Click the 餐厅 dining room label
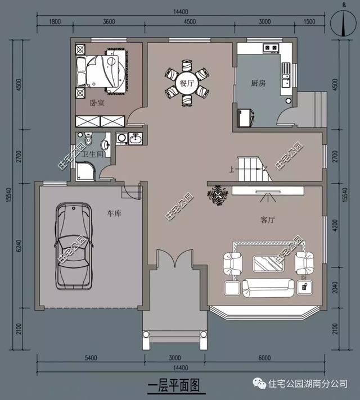click(187, 83)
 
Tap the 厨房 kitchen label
click(258, 83)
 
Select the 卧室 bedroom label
click(97, 103)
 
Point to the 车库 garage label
click(114, 213)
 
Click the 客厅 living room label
click(268, 220)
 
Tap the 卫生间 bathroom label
click(92, 154)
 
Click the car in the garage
click(74, 246)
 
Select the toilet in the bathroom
click(88, 138)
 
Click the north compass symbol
click(343, 23)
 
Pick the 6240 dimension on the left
click(19, 246)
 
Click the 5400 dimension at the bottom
click(91, 358)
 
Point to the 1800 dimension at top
click(55, 21)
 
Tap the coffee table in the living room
click(268, 263)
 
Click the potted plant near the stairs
click(218, 196)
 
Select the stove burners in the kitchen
click(271, 47)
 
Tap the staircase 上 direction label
click(232, 169)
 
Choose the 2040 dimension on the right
click(335, 288)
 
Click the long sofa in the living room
click(268, 288)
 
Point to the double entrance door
click(174, 258)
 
